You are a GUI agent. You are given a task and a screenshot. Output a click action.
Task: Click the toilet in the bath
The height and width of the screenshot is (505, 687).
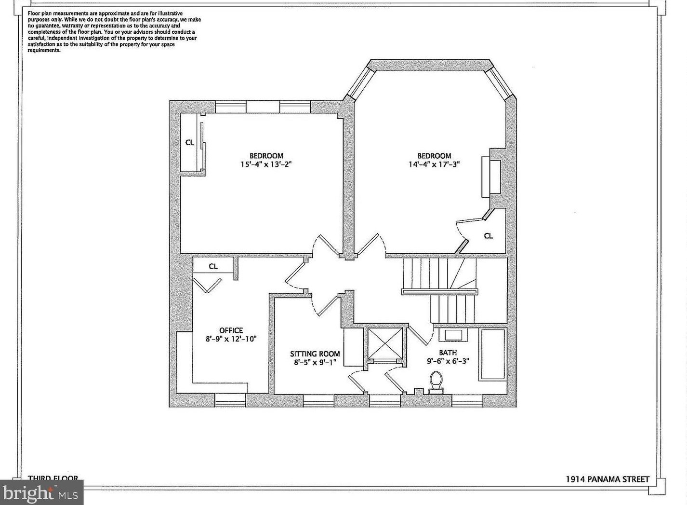coord(436,381)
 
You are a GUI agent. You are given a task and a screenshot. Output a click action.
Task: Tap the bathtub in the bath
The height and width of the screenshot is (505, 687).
coord(492,355)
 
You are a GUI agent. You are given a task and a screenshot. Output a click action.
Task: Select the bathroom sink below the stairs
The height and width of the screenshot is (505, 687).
coord(453,335)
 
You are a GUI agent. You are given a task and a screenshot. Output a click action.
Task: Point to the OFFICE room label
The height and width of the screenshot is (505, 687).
coord(231,330)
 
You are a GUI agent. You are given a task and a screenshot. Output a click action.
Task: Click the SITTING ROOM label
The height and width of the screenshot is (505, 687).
coord(315,354)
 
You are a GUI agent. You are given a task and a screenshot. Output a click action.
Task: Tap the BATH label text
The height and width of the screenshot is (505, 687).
coord(448,353)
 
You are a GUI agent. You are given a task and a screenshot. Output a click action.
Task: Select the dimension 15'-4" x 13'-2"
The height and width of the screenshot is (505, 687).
coord(266,164)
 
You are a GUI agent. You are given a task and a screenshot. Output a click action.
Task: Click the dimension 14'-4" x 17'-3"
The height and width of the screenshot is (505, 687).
coord(434,164)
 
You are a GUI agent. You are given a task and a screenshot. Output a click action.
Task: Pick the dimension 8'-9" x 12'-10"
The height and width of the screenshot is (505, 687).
coord(231,339)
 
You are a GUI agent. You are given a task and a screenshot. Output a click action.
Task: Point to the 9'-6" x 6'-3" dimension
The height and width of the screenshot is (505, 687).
coord(448,361)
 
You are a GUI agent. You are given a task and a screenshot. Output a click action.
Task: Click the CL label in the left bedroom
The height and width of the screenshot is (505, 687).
coord(189,143)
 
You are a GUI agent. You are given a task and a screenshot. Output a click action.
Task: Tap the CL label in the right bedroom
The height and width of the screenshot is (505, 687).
coord(489,236)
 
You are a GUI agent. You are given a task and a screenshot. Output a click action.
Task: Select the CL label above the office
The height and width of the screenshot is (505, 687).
coord(213,266)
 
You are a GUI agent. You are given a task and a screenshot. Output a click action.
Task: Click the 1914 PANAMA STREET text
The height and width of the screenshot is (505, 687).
coord(607,479)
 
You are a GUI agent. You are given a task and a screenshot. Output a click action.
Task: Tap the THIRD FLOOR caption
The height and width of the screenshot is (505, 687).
coord(53,478)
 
